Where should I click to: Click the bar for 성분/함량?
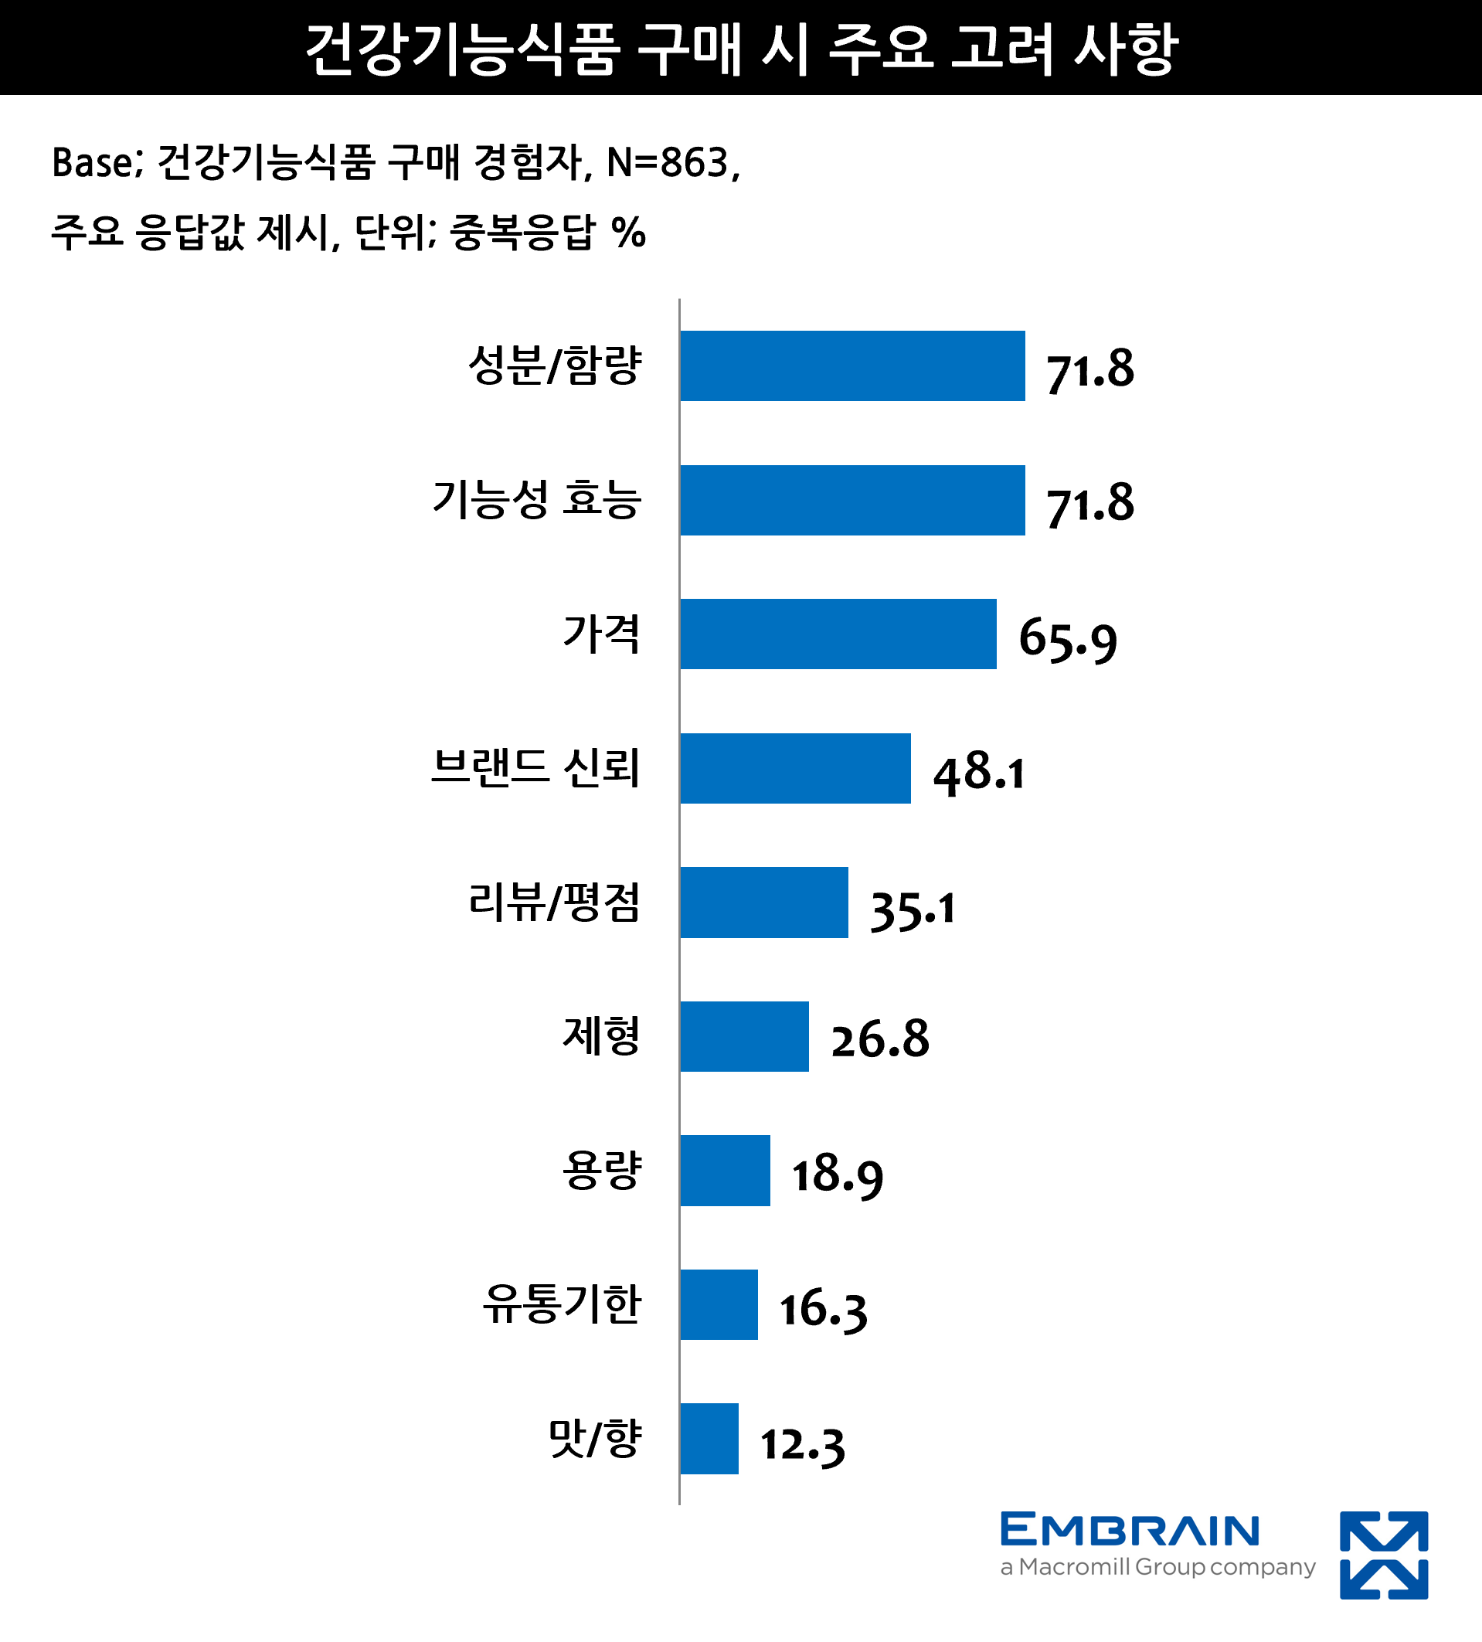click(x=851, y=365)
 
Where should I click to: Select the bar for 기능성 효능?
click(x=851, y=500)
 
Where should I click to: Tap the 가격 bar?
click(x=838, y=634)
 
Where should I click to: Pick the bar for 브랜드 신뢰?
click(x=795, y=768)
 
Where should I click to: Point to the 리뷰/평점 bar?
click(x=764, y=903)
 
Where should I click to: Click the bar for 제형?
click(x=744, y=1036)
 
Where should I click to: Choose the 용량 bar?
click(x=725, y=1171)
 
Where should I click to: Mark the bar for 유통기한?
click(x=718, y=1304)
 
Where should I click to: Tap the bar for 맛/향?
click(x=709, y=1438)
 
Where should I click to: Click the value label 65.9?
click(x=1068, y=638)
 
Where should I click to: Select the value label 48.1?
click(x=978, y=773)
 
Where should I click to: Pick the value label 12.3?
click(x=802, y=1444)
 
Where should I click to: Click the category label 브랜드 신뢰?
click(x=535, y=768)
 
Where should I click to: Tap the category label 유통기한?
click(x=562, y=1304)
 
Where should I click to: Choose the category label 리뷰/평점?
click(x=555, y=903)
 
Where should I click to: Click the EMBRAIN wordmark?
click(x=1130, y=1531)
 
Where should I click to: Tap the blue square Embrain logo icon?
click(x=1383, y=1555)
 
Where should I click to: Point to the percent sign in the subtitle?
click(x=629, y=233)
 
